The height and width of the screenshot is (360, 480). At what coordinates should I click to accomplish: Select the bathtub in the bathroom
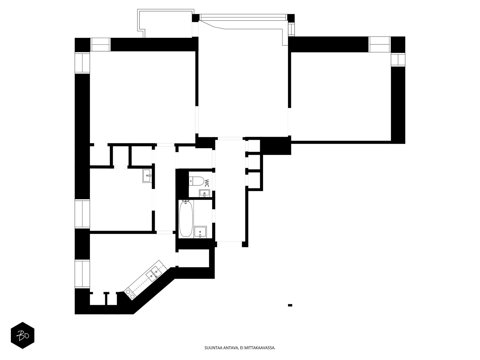[x=186, y=218]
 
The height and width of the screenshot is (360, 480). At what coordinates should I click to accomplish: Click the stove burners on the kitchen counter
[x=130, y=293]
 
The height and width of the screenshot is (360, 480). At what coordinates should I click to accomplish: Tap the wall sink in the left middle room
[x=147, y=175]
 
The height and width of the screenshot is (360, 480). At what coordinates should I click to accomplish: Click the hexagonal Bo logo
[x=22, y=335]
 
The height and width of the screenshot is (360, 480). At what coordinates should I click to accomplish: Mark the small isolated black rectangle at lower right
[x=290, y=305]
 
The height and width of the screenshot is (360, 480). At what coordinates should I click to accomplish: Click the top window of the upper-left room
[x=100, y=45]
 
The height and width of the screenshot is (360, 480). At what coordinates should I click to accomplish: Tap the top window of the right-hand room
[x=379, y=44]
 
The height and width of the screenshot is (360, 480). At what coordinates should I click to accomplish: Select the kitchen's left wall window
[x=82, y=274]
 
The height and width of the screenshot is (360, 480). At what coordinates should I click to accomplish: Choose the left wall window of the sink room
[x=82, y=214]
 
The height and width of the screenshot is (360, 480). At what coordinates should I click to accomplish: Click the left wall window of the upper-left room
[x=82, y=63]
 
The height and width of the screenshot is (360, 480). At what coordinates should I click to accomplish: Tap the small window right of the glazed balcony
[x=291, y=29]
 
